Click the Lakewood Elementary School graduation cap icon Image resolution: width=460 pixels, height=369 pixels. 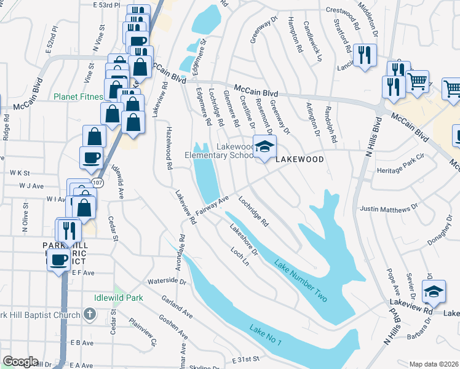click(264, 148)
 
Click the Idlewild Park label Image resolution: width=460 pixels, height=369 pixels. click(119, 298)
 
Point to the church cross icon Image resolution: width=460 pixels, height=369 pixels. click(90, 315)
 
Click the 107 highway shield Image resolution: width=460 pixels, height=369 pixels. click(98, 183)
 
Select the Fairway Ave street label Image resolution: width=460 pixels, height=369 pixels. click(212, 205)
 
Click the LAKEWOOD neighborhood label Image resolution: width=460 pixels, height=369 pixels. click(299, 159)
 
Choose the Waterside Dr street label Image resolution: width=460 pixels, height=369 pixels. click(166, 282)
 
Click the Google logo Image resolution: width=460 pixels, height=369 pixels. click(20, 362)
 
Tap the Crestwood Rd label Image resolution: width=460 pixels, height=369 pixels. click(343, 10)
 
